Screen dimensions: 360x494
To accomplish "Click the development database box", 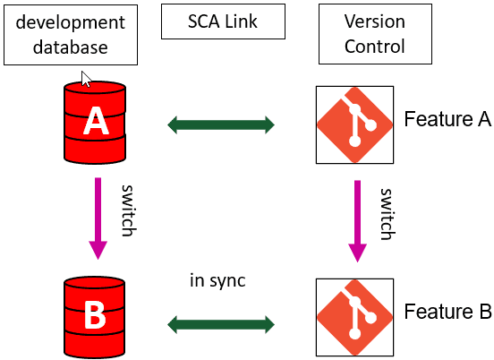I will click(71, 33).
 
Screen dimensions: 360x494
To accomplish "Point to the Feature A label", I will click(447, 119).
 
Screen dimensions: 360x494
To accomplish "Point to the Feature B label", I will click(447, 312).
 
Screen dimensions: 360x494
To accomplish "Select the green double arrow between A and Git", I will click(221, 125).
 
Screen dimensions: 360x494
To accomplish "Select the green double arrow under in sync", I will click(221, 321).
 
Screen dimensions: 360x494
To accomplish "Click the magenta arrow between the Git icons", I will click(358, 220).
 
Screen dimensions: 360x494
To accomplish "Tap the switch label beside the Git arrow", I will click(387, 214).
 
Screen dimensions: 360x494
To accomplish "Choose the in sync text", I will click(217, 280).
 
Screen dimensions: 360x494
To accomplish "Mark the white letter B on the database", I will click(95, 314).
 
